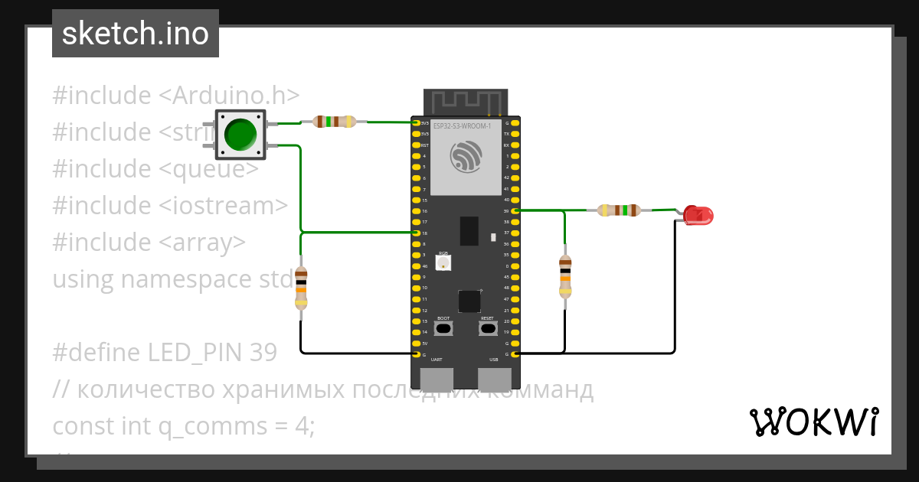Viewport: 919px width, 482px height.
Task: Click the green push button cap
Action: tap(240, 134)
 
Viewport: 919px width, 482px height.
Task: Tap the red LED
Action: tap(698, 215)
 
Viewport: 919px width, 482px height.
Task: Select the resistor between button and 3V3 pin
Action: tap(335, 121)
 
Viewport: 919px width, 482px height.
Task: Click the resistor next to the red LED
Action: tap(619, 210)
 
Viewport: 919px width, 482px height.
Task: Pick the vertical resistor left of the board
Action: tap(301, 288)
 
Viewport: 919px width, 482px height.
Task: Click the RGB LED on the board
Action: tap(443, 262)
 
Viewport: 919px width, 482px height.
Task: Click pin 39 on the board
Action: tap(515, 210)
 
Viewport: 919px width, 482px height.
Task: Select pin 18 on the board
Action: tap(416, 233)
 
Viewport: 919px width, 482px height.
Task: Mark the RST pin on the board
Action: tap(416, 145)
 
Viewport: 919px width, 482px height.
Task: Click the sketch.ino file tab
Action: tap(136, 34)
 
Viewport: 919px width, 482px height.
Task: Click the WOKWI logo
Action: tap(813, 422)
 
